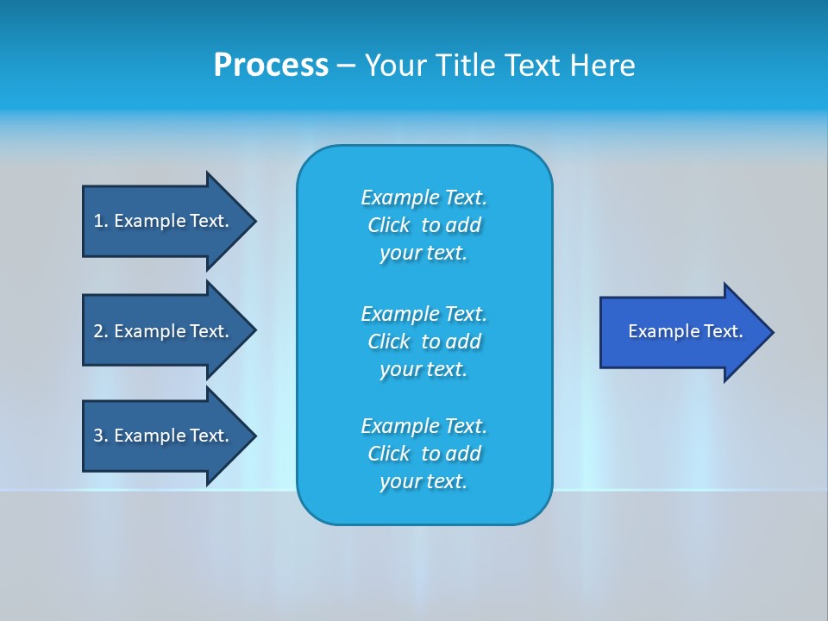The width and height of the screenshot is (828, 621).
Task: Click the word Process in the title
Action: [x=271, y=66]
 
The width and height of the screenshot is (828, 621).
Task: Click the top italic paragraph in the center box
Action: [x=423, y=225]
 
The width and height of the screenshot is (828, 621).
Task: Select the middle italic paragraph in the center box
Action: [x=423, y=341]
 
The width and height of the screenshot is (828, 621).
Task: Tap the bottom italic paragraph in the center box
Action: [x=423, y=454]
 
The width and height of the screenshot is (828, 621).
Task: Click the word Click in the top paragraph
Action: [x=389, y=225]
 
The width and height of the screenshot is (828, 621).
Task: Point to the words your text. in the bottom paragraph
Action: [x=423, y=481]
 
